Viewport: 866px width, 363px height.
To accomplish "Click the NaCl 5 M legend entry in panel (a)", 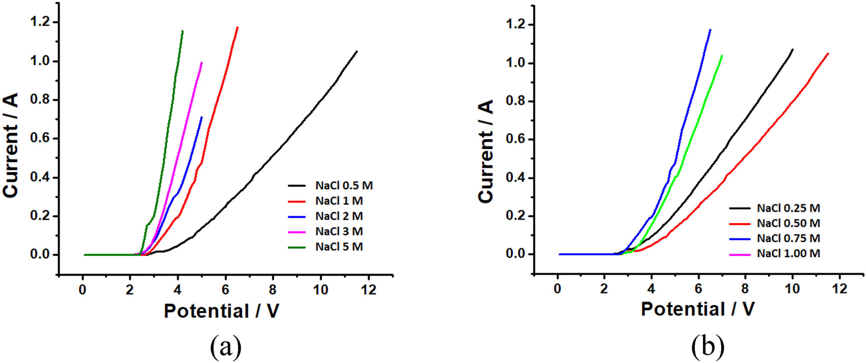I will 339,247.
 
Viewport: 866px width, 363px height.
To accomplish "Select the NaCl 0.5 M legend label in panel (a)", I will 344,186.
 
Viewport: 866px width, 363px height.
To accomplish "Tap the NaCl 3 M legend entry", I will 339,231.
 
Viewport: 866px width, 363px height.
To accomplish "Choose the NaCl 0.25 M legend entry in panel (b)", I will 788,208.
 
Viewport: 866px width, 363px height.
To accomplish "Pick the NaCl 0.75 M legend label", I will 788,238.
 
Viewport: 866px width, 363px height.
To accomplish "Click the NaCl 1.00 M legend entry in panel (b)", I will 788,254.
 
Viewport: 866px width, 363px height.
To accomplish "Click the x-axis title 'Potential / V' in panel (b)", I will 698,309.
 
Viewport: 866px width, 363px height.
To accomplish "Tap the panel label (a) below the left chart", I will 226,346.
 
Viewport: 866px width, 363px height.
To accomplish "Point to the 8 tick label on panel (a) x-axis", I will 273,290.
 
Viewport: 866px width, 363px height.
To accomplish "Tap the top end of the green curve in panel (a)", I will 182,31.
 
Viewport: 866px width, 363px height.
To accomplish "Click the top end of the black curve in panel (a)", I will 357,51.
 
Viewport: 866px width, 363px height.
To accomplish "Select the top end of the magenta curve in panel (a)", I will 202,63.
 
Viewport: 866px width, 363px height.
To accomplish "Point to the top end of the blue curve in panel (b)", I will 710,30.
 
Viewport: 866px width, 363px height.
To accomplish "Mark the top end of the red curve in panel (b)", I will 828,54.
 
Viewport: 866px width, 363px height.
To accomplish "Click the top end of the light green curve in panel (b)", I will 722,55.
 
